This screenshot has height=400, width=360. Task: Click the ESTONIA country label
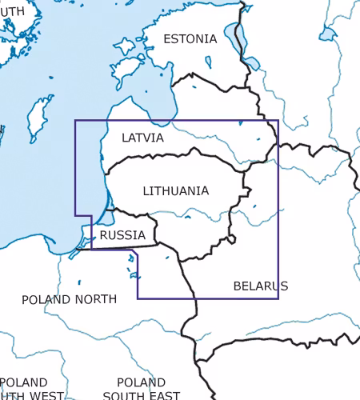coord(190,38)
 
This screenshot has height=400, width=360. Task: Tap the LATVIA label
coord(142,138)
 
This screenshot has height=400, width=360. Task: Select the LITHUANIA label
coord(176,191)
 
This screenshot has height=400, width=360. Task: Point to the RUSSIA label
coord(122,235)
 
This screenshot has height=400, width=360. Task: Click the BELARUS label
coord(260,286)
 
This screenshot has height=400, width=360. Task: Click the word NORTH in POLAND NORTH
coord(94,299)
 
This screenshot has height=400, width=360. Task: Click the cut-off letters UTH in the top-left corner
coord(8,10)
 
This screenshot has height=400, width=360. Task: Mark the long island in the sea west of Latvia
coord(35,118)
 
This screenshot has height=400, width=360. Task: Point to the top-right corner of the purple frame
coord(278,121)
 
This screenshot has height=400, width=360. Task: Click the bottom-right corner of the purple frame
coord(278,298)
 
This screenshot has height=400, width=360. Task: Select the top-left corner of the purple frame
coord(75,121)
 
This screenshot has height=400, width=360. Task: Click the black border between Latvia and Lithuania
coord(184,157)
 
